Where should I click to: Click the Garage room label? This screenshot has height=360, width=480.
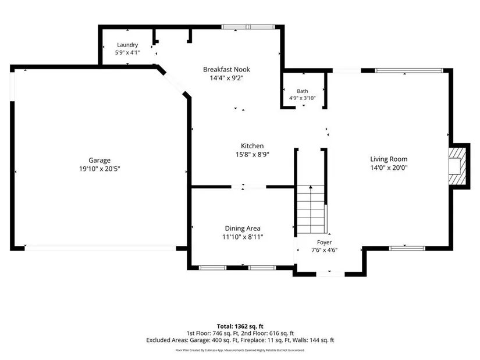[x=99, y=160]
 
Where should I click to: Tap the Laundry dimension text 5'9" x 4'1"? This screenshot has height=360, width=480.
[x=127, y=52]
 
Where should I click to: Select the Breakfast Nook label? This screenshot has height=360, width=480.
[x=226, y=69]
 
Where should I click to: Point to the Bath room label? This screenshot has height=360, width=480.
[x=303, y=91]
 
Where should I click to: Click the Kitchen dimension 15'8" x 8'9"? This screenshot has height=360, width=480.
[x=253, y=155]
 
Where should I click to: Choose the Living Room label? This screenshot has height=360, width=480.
[x=389, y=159]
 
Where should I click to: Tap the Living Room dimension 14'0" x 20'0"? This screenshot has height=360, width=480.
[x=389, y=167]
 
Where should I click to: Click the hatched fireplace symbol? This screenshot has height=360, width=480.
[x=457, y=166]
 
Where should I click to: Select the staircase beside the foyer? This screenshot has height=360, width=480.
[x=311, y=209]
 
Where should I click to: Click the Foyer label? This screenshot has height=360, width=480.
[x=324, y=243]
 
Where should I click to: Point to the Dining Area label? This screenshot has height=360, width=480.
[x=243, y=229]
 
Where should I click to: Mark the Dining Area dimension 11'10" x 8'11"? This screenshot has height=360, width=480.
[x=243, y=237]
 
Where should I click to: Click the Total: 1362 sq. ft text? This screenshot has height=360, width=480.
[x=240, y=326]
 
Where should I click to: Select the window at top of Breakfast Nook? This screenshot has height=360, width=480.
[x=248, y=27]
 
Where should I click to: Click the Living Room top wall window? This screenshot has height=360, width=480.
[x=409, y=71]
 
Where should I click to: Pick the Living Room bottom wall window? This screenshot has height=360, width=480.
[x=407, y=248]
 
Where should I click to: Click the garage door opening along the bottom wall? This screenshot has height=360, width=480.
[x=101, y=248]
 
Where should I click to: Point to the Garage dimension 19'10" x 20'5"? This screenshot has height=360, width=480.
[x=99, y=169]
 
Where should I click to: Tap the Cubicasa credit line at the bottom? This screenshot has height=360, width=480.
[x=240, y=350]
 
